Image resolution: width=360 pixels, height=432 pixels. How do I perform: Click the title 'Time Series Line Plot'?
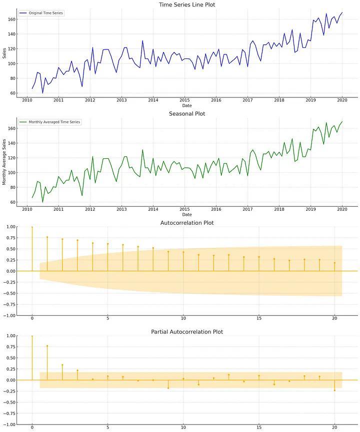pos(187,4)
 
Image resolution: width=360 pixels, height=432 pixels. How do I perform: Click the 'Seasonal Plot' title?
pos(187,114)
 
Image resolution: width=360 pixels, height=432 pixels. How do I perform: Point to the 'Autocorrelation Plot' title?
pos(187,223)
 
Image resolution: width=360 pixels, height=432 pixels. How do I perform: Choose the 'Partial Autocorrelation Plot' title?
pos(187,332)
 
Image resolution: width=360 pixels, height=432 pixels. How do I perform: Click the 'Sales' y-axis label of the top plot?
pos(4,53)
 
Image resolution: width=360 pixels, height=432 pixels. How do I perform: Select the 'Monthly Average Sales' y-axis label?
pos(4,162)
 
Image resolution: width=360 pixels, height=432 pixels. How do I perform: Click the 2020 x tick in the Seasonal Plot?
pos(342,209)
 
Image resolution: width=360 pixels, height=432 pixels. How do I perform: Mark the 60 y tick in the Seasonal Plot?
pos(12,202)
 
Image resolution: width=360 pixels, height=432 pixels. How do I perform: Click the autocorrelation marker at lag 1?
pos(47,237)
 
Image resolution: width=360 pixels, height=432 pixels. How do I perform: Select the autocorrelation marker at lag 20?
pos(334,263)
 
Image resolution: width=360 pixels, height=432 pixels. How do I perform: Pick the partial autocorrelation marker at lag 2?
pos(62,365)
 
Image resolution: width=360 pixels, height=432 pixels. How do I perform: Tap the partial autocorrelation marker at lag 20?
pos(334,390)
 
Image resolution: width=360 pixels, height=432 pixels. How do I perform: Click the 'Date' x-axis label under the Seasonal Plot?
pos(187,215)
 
